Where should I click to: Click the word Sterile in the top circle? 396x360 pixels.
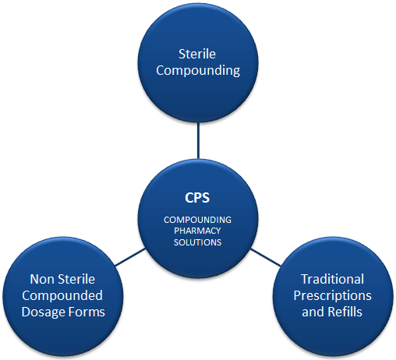197,54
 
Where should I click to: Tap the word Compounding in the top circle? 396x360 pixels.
198,71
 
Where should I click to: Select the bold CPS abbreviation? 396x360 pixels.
197,198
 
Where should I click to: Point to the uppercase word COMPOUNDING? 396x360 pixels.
197,220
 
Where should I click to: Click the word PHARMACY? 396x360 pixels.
197,231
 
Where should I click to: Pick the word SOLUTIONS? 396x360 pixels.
197,242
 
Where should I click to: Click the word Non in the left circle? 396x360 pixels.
41,279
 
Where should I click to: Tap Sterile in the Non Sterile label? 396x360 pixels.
76,279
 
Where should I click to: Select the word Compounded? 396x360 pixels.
62,295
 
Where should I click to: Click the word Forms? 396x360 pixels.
84,312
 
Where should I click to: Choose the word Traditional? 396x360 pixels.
332,279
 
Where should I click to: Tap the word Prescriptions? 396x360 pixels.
332,295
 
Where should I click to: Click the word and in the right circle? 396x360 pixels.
313,312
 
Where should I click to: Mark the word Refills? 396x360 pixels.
345,312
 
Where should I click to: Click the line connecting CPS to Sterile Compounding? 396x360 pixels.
198,140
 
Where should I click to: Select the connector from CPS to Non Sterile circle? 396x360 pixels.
130,257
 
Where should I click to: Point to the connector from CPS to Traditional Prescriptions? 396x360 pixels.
265,257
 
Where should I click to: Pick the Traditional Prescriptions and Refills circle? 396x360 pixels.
333,296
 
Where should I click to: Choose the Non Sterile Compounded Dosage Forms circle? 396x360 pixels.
62,296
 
